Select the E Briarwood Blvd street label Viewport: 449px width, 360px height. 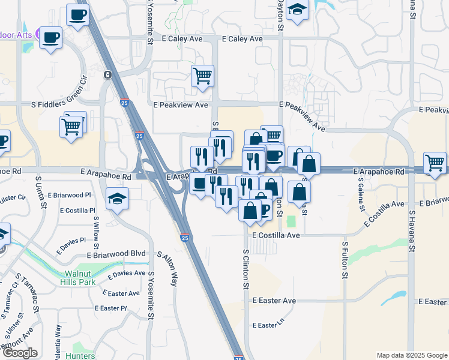click(x=116, y=254)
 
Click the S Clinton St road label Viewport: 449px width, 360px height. click(x=246, y=269)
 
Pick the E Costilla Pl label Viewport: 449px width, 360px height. click(x=74, y=211)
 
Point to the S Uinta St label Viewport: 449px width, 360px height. click(x=41, y=192)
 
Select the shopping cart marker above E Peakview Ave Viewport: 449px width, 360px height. click(x=203, y=76)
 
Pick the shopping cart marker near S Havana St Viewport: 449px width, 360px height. click(x=435, y=163)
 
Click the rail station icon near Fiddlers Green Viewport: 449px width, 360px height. click(x=107, y=75)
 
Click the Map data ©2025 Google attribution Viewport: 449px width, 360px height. click(x=412, y=355)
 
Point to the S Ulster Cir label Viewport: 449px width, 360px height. click(x=13, y=198)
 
